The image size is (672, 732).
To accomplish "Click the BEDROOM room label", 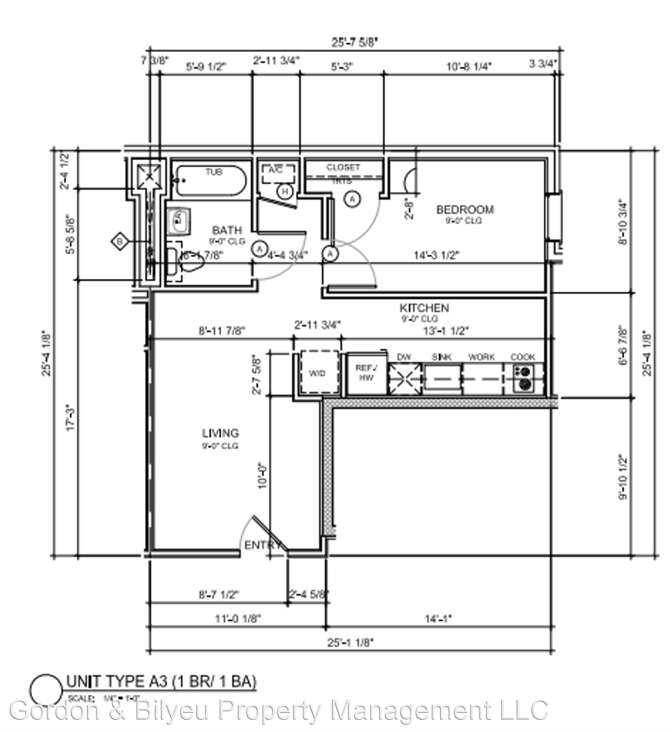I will (465, 209).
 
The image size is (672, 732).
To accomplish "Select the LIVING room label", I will (220, 433).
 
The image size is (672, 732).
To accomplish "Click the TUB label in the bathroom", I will (214, 172).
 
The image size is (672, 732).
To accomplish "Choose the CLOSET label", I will (342, 167).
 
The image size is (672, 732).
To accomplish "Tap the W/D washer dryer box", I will (318, 374).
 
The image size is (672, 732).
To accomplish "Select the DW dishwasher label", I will (404, 357).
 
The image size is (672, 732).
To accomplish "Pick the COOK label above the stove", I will (522, 357).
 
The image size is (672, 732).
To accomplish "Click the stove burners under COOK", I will (523, 377).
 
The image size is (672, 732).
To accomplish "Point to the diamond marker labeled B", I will (119, 242).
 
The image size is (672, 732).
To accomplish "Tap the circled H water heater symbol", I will (285, 191).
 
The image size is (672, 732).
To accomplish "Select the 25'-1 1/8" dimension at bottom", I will (351, 643).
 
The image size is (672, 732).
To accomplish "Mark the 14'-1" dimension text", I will (438, 619).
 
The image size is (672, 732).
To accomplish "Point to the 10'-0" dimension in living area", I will (262, 473).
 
